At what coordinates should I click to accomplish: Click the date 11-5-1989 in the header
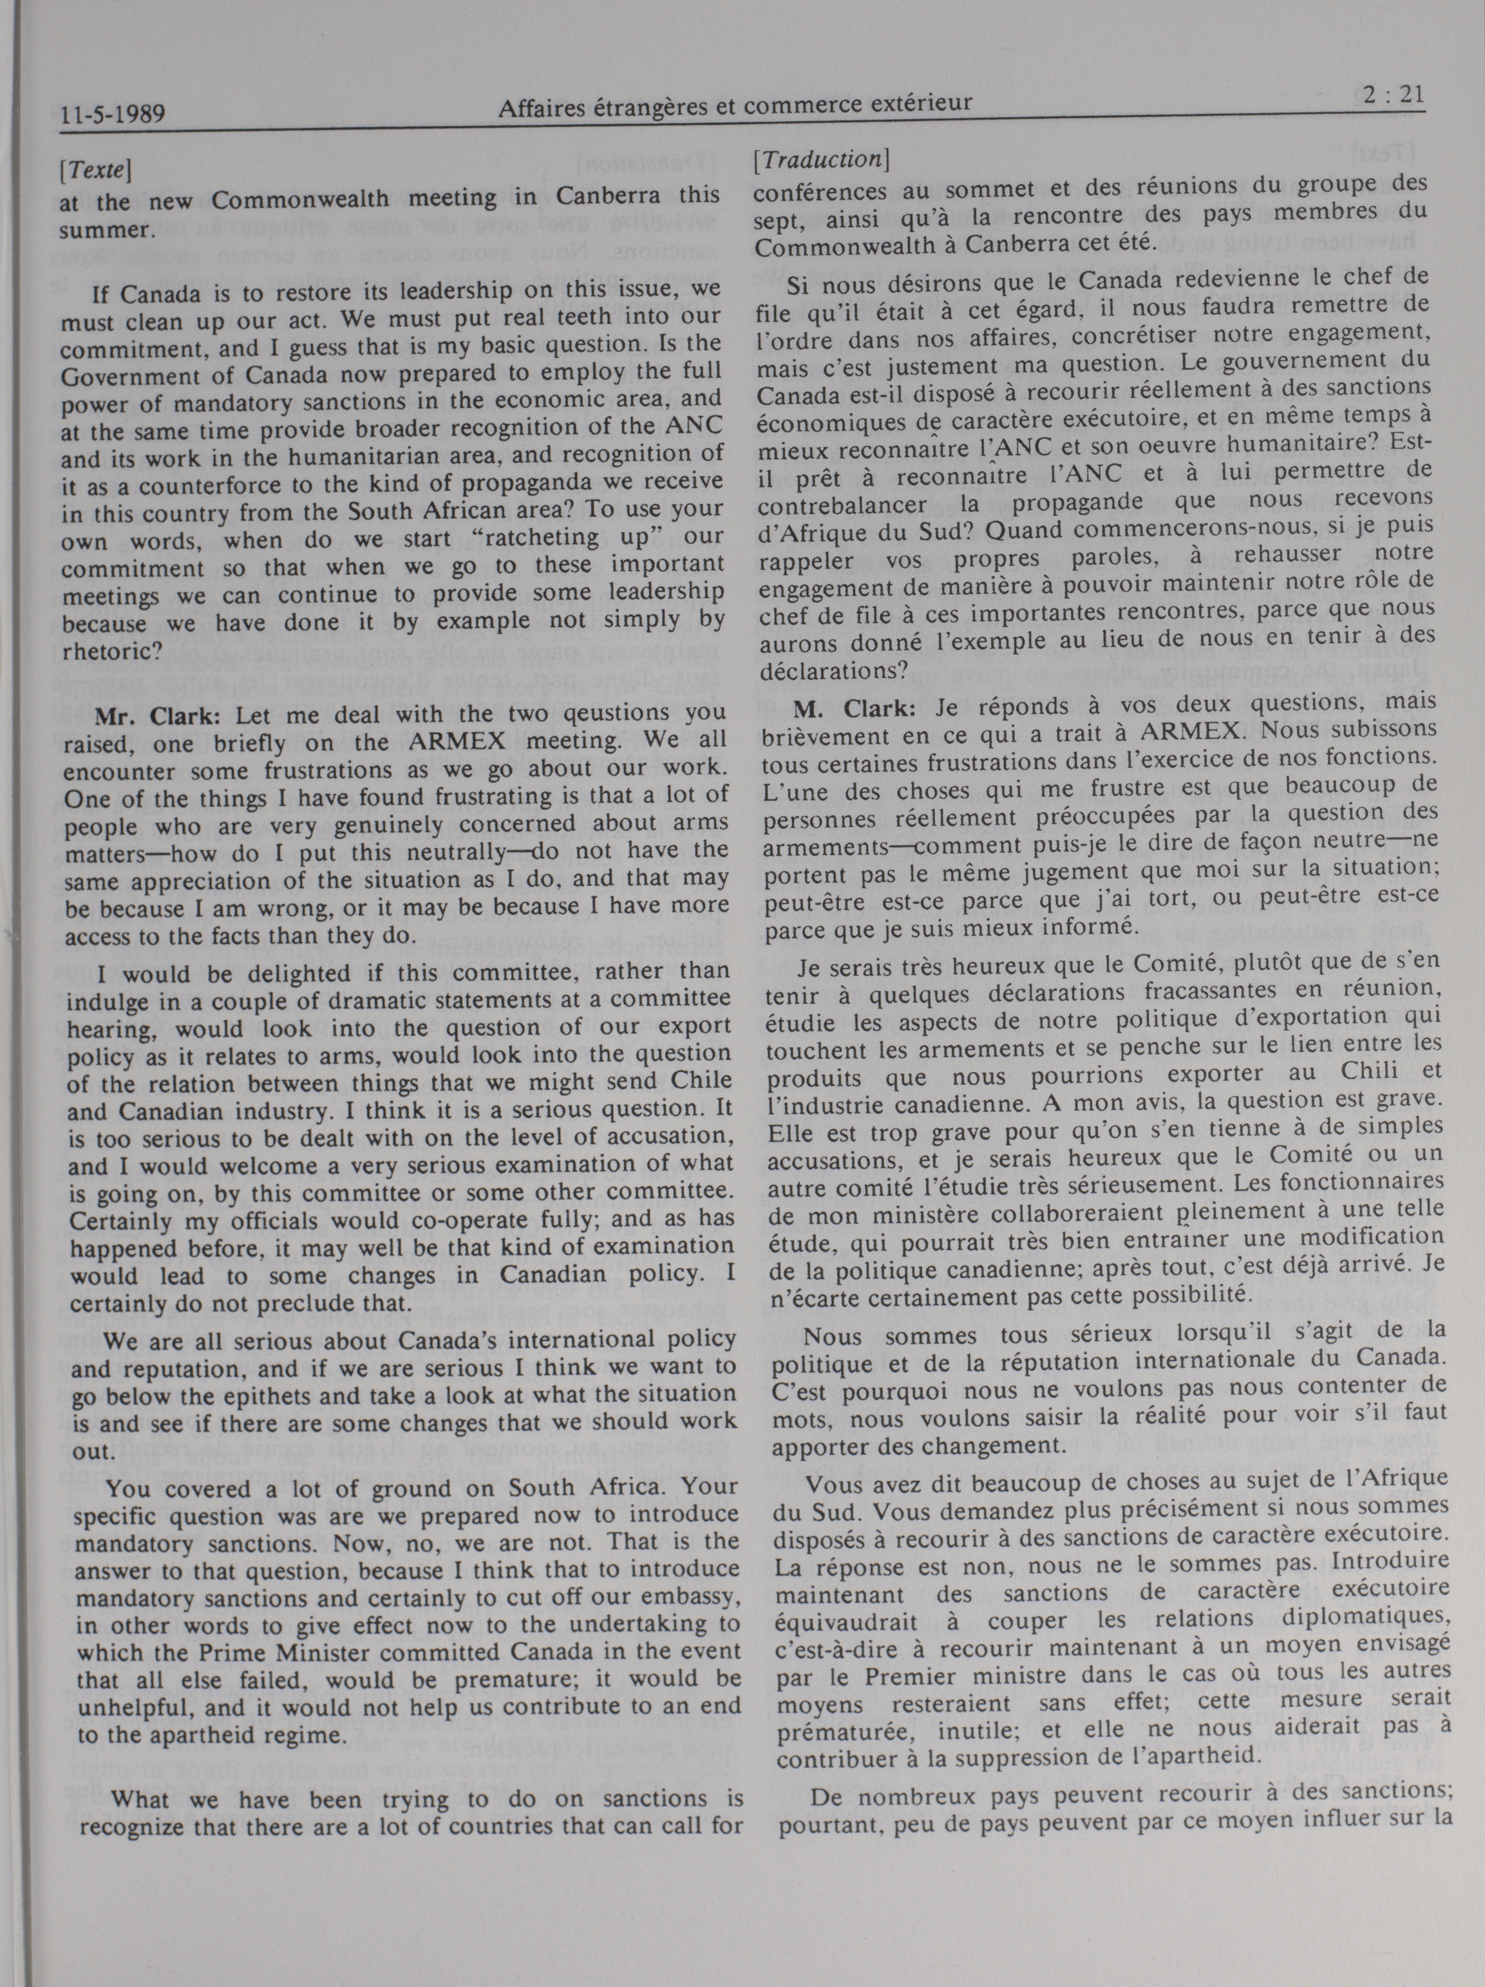tap(114, 113)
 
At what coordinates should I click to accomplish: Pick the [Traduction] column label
tap(821, 160)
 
